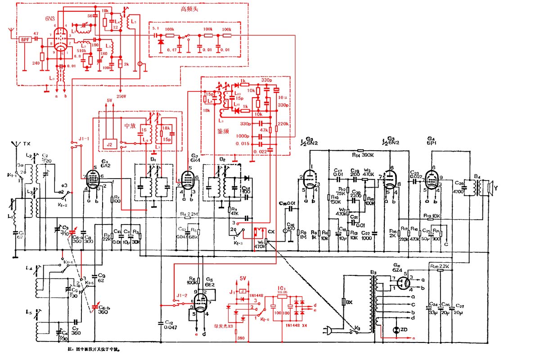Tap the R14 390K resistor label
click(x=367, y=155)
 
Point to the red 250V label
click(x=121, y=96)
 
